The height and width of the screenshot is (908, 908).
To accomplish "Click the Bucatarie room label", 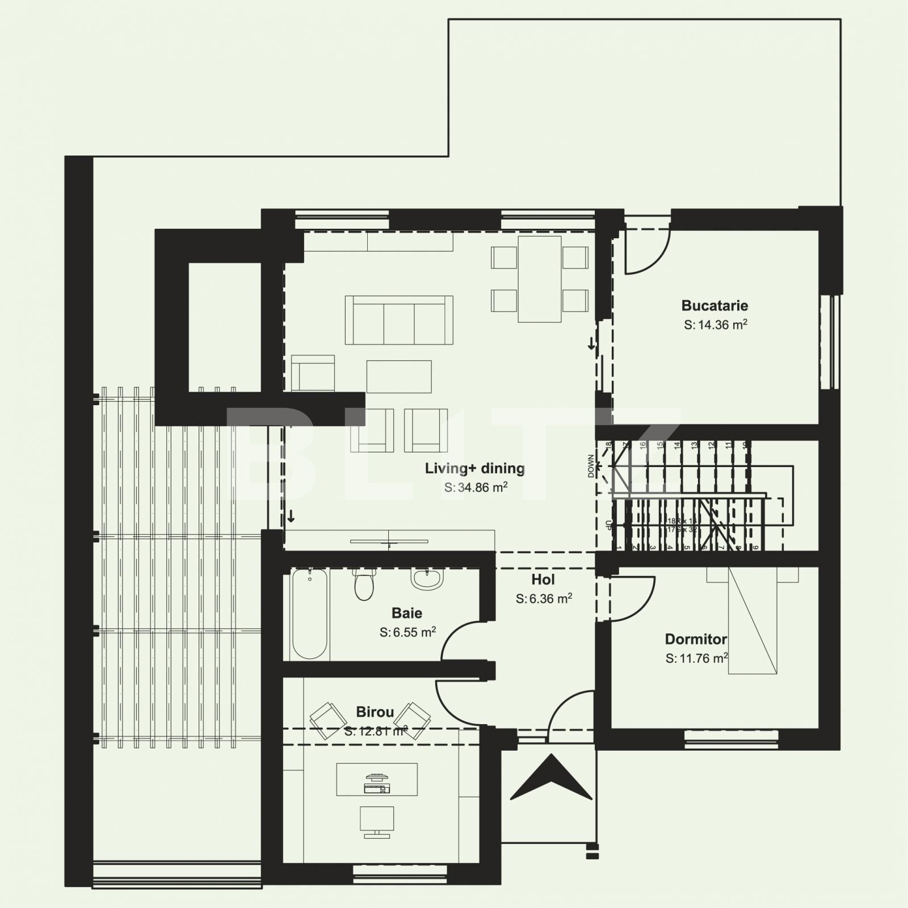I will pos(714,306).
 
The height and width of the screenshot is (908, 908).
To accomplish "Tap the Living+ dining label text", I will pos(474,469).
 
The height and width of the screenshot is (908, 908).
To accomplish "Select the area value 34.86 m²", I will pos(476,487).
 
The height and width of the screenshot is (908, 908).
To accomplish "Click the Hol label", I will pos(543,579).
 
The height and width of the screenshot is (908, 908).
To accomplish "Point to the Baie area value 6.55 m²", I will pos(407,632).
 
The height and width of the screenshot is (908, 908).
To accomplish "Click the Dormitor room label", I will pos(695,640).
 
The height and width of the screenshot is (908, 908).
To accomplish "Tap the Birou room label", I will pos(375,712).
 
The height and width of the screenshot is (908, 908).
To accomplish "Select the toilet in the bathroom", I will pos(364,585).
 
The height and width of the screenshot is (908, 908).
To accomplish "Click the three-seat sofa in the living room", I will pos(399,320).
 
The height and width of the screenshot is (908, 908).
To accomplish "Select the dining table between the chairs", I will pos(540,279).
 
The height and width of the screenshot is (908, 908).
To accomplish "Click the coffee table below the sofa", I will pos(398,376).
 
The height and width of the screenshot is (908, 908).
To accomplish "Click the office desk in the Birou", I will pos(377,779).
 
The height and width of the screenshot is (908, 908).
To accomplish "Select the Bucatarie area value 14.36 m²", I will pos(715,325).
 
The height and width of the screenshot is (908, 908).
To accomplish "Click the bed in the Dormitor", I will pos(752,621).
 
